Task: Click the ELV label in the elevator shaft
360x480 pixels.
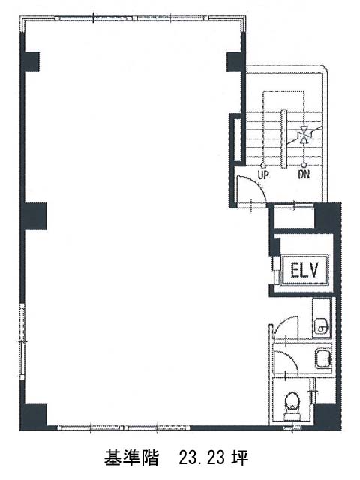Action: tap(304, 270)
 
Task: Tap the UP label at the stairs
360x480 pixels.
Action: tap(263, 175)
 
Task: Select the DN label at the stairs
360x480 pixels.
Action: tap(304, 175)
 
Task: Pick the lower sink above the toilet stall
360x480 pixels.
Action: tap(323, 358)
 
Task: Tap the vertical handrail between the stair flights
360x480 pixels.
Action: tap(283, 139)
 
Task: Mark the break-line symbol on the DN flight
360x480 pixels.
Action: tap(304, 135)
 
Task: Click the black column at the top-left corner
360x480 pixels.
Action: tap(30, 61)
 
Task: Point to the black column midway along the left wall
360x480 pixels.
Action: tap(34, 216)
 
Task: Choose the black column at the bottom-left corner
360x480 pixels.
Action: tap(34, 417)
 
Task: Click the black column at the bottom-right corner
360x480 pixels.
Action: tap(328, 417)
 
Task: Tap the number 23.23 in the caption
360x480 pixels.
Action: tap(202, 458)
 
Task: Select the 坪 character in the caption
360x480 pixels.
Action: tap(240, 458)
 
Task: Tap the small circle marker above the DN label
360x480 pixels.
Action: tap(304, 165)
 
